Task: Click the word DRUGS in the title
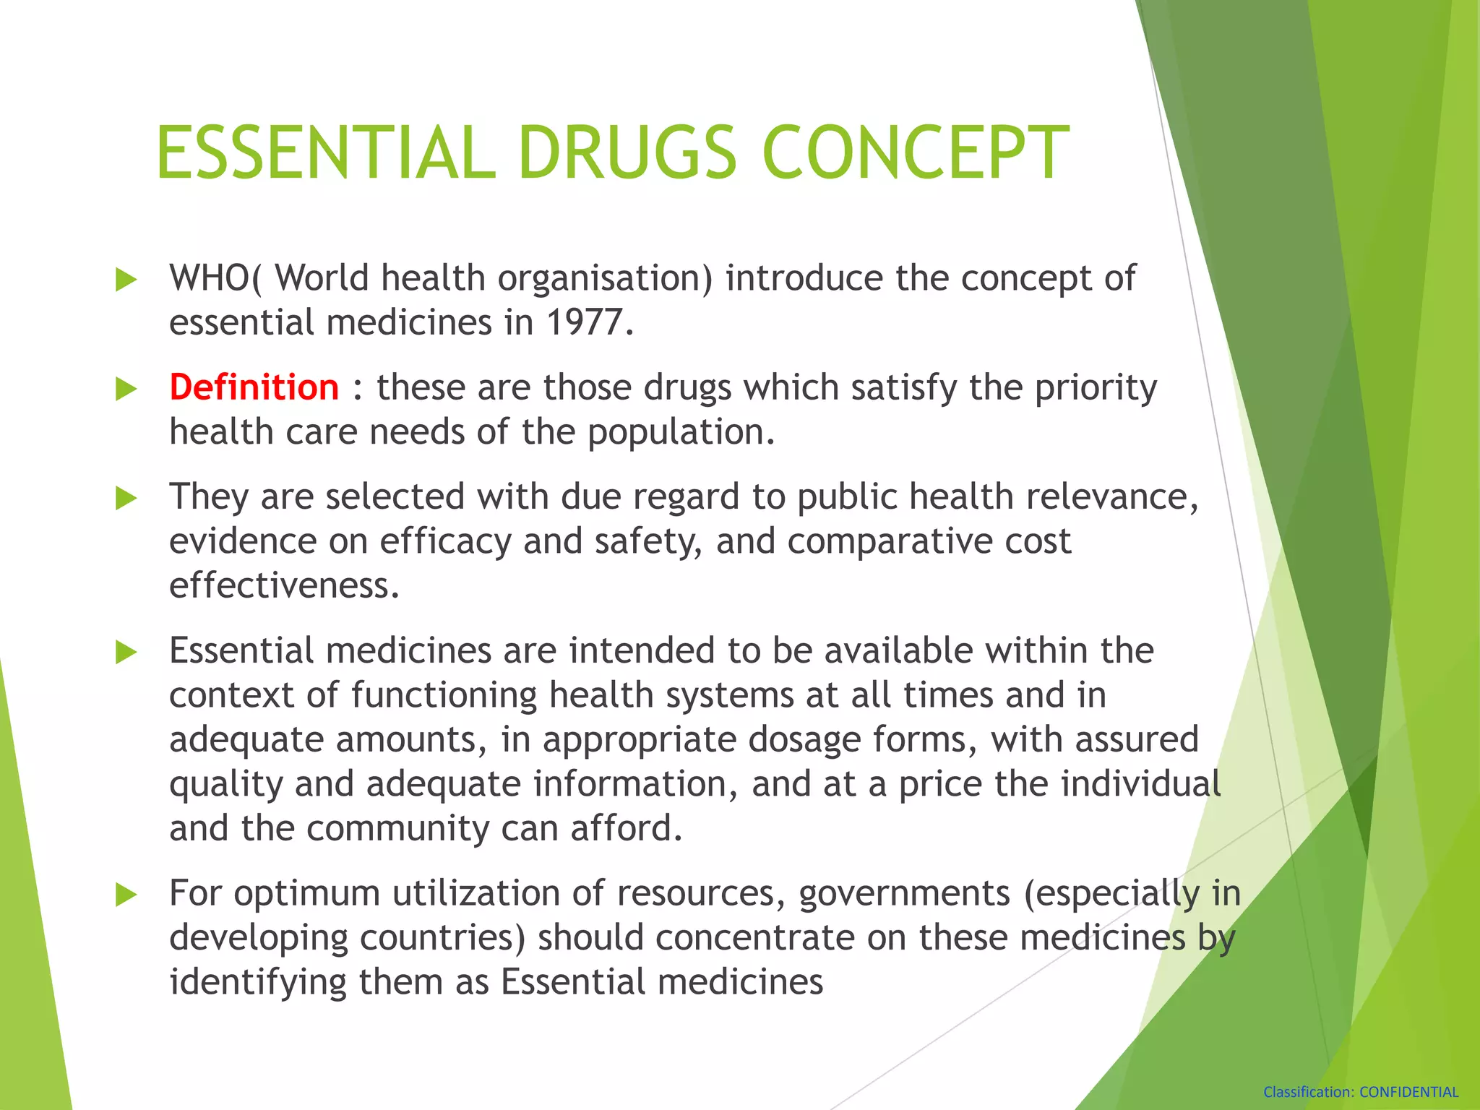coord(627,152)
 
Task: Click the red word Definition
coord(254,387)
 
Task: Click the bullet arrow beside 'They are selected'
coord(126,498)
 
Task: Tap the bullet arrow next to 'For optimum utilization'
coord(126,895)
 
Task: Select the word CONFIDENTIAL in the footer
coord(1409,1092)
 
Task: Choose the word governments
coord(904,894)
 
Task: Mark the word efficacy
coord(446,542)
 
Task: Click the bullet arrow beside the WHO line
coord(126,280)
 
